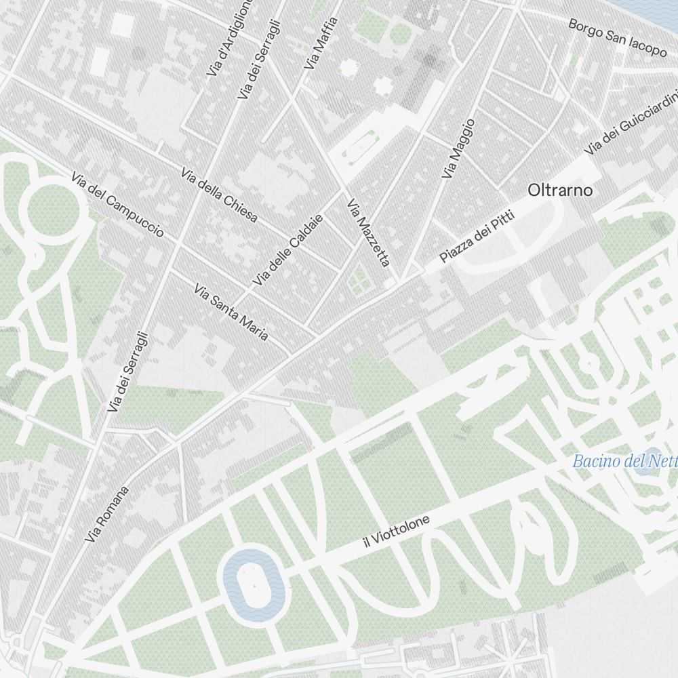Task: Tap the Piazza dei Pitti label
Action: click(x=477, y=237)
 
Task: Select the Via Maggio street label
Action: click(x=458, y=149)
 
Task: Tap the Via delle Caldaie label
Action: click(x=287, y=250)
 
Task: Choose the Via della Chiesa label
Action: click(x=219, y=195)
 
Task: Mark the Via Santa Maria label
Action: click(x=231, y=313)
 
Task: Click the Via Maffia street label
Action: click(x=321, y=43)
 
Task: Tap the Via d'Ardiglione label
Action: click(x=229, y=37)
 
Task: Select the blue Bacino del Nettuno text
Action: click(x=624, y=462)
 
